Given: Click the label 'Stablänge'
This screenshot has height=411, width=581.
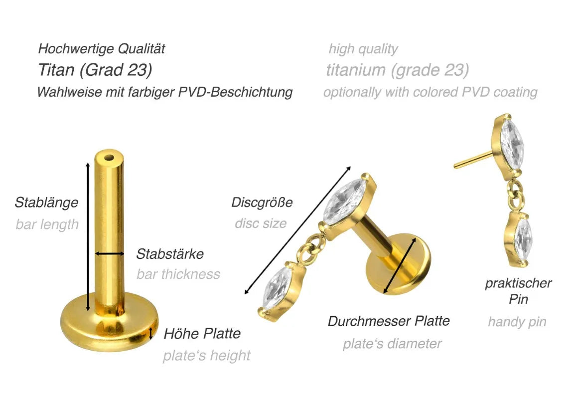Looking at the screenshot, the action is coord(47,203).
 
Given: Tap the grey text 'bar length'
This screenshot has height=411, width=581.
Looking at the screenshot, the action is coord(47,224).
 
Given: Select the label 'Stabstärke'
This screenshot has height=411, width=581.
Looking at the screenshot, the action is coord(170,254).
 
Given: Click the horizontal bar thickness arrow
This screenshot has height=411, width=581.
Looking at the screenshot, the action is coord(110,254).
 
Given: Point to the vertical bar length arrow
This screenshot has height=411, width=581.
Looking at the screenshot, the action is coord(88,236).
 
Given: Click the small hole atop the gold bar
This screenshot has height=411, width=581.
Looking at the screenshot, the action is coord(109,158).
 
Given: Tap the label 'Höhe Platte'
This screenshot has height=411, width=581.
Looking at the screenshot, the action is coord(202,334).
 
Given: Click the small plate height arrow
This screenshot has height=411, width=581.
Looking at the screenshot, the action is coord(150,334).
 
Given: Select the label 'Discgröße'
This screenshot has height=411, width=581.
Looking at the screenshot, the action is coord(262,203).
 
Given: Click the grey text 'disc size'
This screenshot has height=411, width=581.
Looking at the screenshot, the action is coord(261,223).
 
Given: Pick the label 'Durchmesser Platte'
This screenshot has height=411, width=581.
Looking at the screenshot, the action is coord(389,321).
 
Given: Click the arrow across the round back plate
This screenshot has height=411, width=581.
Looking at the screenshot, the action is coord(400,266).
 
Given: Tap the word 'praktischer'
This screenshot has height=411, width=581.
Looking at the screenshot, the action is coord(518,283).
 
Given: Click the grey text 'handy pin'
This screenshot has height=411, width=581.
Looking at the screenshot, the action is coord(517,322).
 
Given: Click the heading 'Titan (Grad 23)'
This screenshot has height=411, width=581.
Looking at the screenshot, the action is coord(95,70).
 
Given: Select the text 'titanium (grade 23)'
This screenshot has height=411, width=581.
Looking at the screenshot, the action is coord(397,70).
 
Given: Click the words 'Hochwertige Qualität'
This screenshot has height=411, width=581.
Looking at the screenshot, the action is coord(102,48).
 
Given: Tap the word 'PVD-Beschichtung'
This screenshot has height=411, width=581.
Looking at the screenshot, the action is coord(235,92).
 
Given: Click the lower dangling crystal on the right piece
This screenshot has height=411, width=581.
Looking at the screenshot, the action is coord(519,238).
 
